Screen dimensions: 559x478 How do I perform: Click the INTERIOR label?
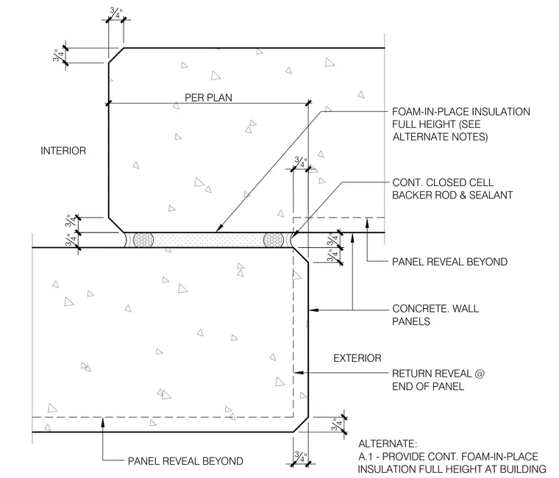pos(63,151)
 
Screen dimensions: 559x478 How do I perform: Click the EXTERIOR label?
pos(357,358)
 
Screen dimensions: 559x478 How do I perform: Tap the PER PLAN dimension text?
pos(208,98)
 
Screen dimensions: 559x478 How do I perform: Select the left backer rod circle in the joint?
pos(143,240)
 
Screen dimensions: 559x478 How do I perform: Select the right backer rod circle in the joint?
pos(274,240)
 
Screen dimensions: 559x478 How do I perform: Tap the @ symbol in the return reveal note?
pos(480,374)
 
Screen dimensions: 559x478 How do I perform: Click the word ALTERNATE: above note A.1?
pos(388,443)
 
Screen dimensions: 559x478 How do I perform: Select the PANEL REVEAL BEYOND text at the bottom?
pos(185,461)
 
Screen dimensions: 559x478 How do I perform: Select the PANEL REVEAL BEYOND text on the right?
pos(449,262)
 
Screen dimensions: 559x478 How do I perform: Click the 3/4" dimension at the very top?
pos(116,13)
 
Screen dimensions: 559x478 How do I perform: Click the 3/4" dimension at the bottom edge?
pos(301,457)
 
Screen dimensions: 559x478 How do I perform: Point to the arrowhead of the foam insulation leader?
pos(218,229)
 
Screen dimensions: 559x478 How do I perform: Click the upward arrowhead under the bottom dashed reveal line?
pos(103,421)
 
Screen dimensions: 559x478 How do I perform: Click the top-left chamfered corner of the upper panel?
pos(116,55)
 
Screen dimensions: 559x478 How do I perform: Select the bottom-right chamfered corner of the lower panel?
pos(301,424)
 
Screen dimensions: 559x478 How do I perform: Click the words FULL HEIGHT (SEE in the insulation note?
pos(436,124)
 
